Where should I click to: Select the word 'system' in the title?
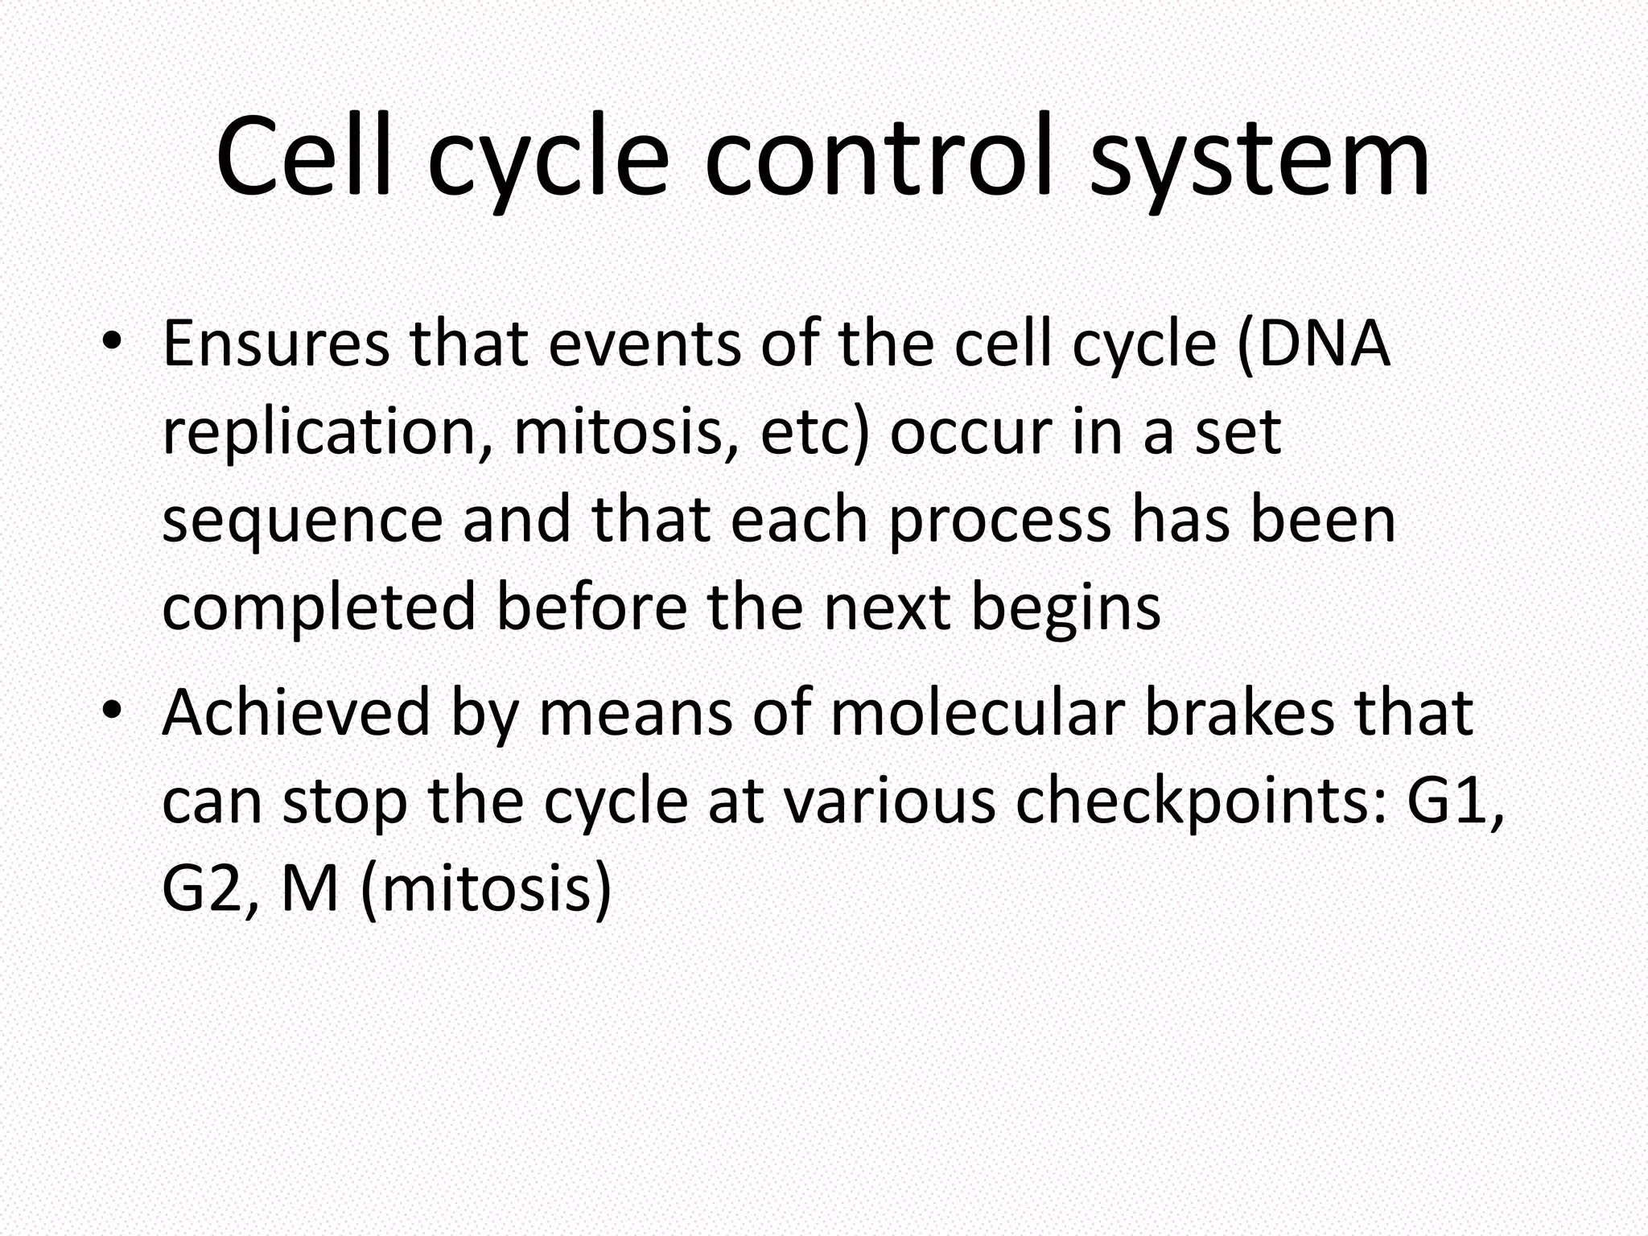pos(1259,161)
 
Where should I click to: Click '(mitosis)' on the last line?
pos(486,892)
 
